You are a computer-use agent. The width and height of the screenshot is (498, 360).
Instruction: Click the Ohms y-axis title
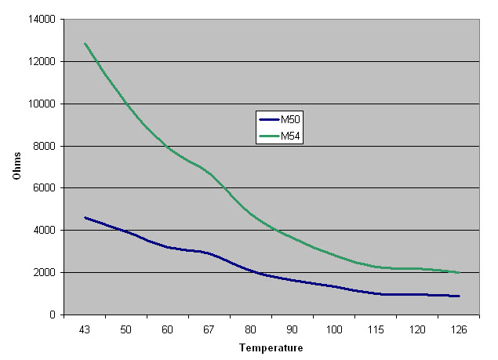pyautogui.click(x=16, y=166)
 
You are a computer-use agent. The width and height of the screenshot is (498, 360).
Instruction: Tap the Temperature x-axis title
pyautogui.click(x=271, y=347)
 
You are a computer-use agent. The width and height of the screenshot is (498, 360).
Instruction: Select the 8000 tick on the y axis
pyautogui.click(x=42, y=146)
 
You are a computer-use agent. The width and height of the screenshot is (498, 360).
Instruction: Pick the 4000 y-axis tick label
pyautogui.click(x=42, y=231)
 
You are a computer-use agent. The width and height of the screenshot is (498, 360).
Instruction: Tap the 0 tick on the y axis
pyautogui.click(x=50, y=315)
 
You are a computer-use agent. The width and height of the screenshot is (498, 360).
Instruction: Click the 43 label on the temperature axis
pyautogui.click(x=84, y=329)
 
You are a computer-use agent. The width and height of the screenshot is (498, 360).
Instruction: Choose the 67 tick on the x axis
pyautogui.click(x=209, y=329)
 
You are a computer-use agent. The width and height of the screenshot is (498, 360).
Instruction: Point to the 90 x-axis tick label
pyautogui.click(x=293, y=329)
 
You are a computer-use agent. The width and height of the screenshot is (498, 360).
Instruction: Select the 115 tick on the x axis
pyautogui.click(x=376, y=329)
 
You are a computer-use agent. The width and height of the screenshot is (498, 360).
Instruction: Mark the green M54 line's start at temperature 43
pyautogui.click(x=85, y=43)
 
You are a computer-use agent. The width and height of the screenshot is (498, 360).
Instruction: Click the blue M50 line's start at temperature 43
pyautogui.click(x=85, y=217)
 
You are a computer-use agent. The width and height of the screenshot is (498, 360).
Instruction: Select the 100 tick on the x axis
pyautogui.click(x=334, y=329)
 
